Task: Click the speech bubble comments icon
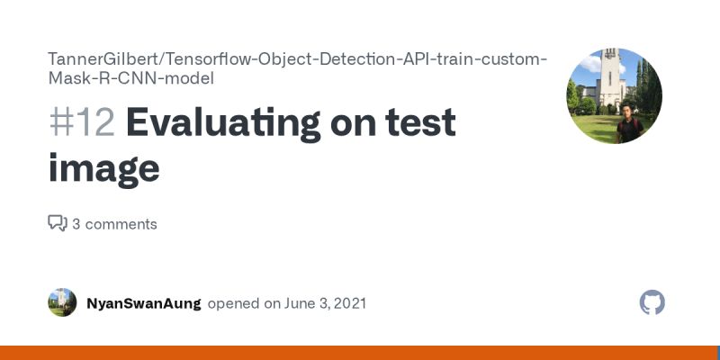click(x=57, y=223)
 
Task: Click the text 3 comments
click(x=114, y=224)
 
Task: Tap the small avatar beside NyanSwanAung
click(x=62, y=302)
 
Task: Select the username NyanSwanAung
click(x=143, y=303)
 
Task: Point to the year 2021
click(x=347, y=303)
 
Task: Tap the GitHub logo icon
click(x=652, y=302)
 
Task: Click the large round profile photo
click(x=615, y=95)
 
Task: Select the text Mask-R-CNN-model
click(x=130, y=78)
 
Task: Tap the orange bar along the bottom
click(x=360, y=353)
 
